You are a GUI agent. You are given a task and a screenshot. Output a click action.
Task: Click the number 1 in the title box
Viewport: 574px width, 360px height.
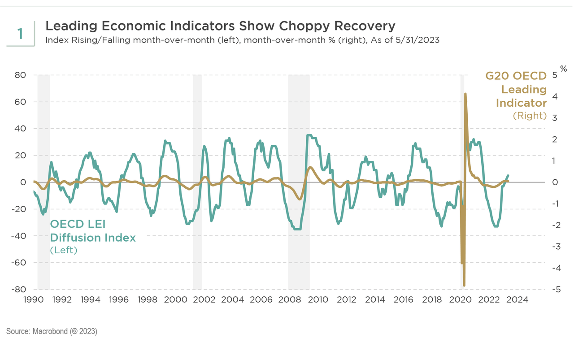coord(20,34)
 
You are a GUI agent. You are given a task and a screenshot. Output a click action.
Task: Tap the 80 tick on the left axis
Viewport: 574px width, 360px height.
coord(20,75)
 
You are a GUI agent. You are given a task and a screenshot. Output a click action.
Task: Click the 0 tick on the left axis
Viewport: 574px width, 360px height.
coord(23,182)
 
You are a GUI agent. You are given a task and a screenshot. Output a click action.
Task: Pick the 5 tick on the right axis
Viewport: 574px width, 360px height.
coord(554,75)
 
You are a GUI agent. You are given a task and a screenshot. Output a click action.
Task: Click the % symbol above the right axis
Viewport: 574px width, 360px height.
coord(564,69)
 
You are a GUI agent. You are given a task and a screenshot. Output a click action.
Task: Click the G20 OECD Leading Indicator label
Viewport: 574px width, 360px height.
coord(516,89)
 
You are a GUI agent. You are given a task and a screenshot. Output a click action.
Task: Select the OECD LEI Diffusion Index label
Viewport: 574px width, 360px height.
coord(92,231)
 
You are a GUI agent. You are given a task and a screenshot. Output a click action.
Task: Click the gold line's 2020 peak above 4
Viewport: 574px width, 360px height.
coord(465,94)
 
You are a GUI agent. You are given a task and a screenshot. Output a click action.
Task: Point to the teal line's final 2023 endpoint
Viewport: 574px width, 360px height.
coord(508,175)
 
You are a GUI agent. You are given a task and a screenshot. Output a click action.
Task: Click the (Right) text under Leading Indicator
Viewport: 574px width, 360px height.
coord(530,116)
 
